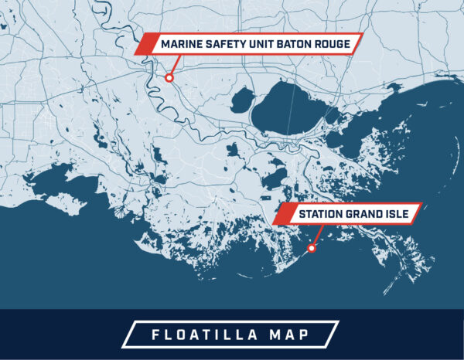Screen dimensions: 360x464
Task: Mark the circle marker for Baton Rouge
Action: click(169, 77)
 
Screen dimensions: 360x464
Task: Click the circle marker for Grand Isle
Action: click(311, 248)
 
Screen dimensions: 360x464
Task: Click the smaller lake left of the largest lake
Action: click(243, 100)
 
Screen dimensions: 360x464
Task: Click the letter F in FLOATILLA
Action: click(152, 335)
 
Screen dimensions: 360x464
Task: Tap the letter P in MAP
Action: click(308, 335)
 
